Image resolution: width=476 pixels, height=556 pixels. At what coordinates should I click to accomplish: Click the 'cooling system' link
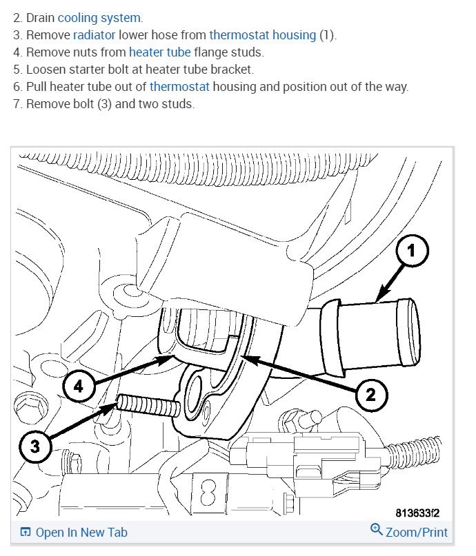tap(99, 17)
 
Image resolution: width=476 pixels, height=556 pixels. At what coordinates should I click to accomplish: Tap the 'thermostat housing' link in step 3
tap(262, 34)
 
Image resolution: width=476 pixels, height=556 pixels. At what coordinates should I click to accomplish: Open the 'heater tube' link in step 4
tap(159, 52)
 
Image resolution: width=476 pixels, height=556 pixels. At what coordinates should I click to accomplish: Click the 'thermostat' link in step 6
tap(179, 87)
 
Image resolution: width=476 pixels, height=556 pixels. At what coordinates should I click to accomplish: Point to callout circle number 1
tap(411, 252)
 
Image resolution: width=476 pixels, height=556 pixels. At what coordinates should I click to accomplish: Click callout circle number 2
tap(370, 394)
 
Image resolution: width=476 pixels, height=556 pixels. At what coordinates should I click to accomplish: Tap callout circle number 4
tap(78, 387)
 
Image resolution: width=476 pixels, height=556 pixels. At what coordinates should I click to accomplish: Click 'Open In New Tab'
tap(81, 532)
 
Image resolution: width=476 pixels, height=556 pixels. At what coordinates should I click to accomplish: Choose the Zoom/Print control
tap(416, 532)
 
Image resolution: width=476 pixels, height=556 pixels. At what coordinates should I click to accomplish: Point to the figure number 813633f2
tap(417, 513)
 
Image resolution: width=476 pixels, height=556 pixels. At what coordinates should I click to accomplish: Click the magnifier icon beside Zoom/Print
tap(376, 529)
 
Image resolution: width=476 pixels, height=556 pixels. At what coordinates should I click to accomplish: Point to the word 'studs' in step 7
tap(179, 105)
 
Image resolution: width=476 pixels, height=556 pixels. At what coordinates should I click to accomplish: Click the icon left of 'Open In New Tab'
tap(26, 532)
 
